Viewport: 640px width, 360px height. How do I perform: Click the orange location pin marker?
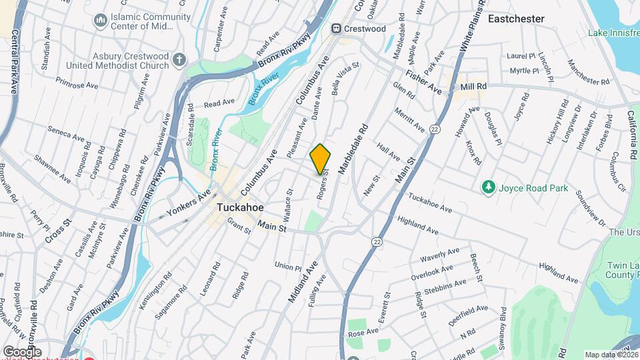point(321,159)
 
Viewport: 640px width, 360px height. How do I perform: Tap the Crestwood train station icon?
point(337,29)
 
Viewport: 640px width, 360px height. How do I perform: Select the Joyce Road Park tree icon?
point(489,188)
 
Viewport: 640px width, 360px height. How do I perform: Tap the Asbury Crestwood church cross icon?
point(179,61)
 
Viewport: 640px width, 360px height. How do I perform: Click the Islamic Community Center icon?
point(101,21)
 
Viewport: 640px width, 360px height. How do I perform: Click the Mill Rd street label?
point(473,87)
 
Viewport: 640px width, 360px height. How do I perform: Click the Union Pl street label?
point(288,266)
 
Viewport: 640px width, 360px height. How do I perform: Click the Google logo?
point(22,352)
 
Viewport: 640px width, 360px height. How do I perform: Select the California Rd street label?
point(630,134)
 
